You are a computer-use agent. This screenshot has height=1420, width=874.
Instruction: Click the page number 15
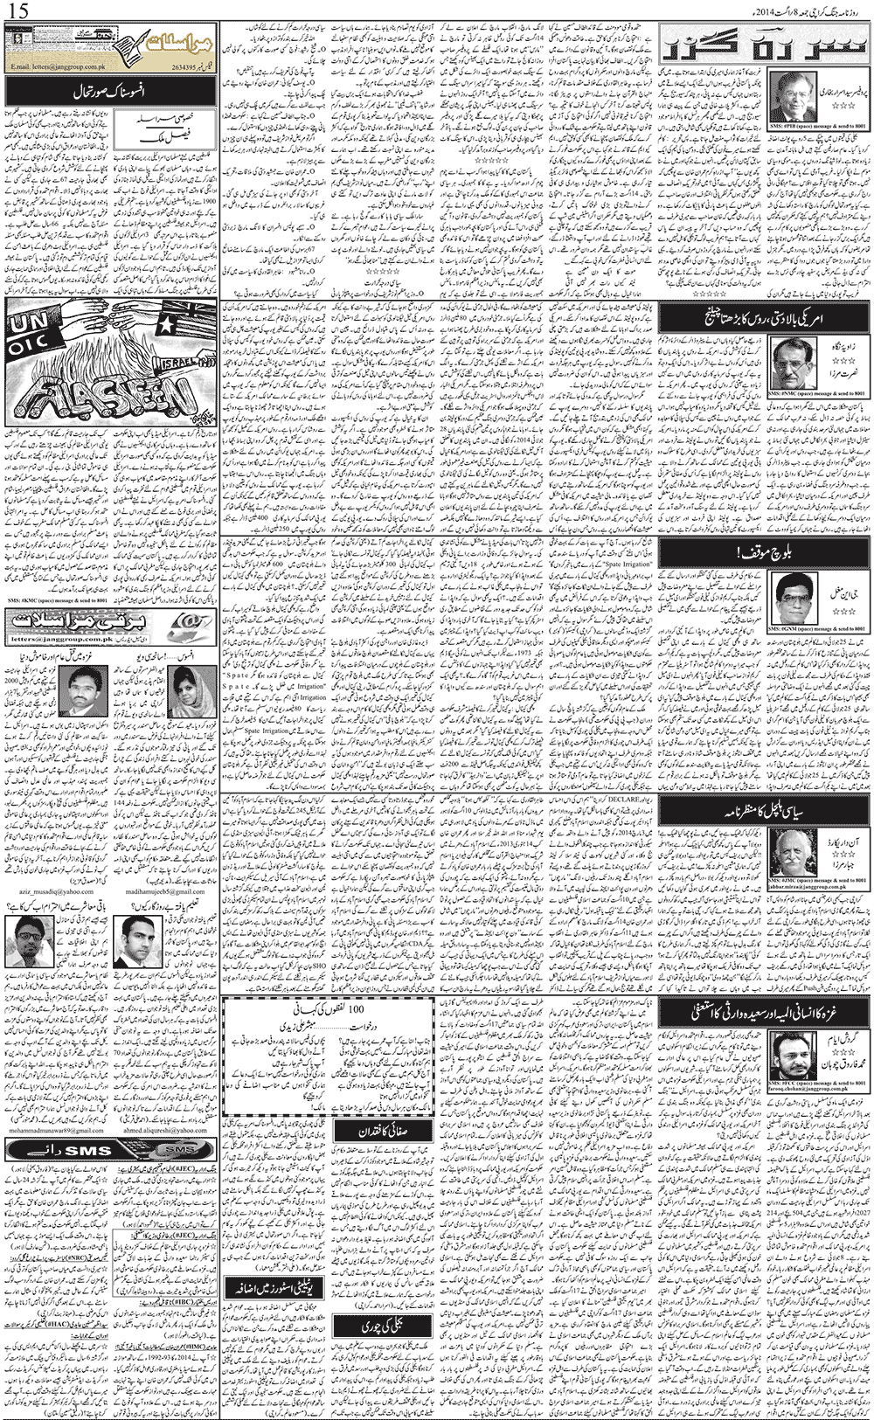(x=17, y=12)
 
